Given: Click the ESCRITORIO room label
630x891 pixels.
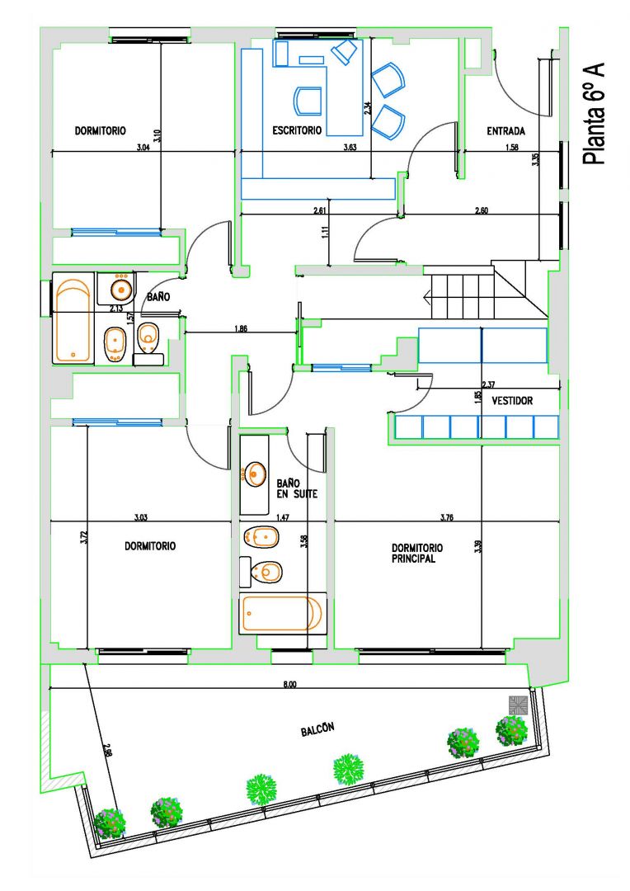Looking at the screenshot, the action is (x=297, y=130).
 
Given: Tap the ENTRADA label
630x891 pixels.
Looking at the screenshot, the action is (x=505, y=131).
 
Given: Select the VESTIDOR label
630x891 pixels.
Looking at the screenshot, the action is (x=512, y=401).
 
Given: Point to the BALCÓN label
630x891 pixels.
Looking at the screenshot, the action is (x=317, y=729).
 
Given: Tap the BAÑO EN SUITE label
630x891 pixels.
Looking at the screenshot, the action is (x=297, y=488).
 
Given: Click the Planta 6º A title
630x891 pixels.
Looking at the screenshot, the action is (x=594, y=114).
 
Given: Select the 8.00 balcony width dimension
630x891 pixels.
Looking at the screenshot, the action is (x=289, y=684).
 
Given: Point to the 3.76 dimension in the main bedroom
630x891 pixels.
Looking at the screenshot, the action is (x=446, y=517).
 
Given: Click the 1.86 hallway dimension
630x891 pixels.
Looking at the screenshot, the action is (x=241, y=328).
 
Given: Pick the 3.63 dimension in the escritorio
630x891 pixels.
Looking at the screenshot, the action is (x=350, y=147).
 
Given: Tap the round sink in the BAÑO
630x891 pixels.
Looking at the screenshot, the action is (x=121, y=289).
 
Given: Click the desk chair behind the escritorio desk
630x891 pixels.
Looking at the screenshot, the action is (x=308, y=101).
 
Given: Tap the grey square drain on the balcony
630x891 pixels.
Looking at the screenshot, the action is (x=518, y=705).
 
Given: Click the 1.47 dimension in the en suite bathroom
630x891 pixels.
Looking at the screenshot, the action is (x=283, y=517).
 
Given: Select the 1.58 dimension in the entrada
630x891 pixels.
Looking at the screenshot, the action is (x=512, y=147).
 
